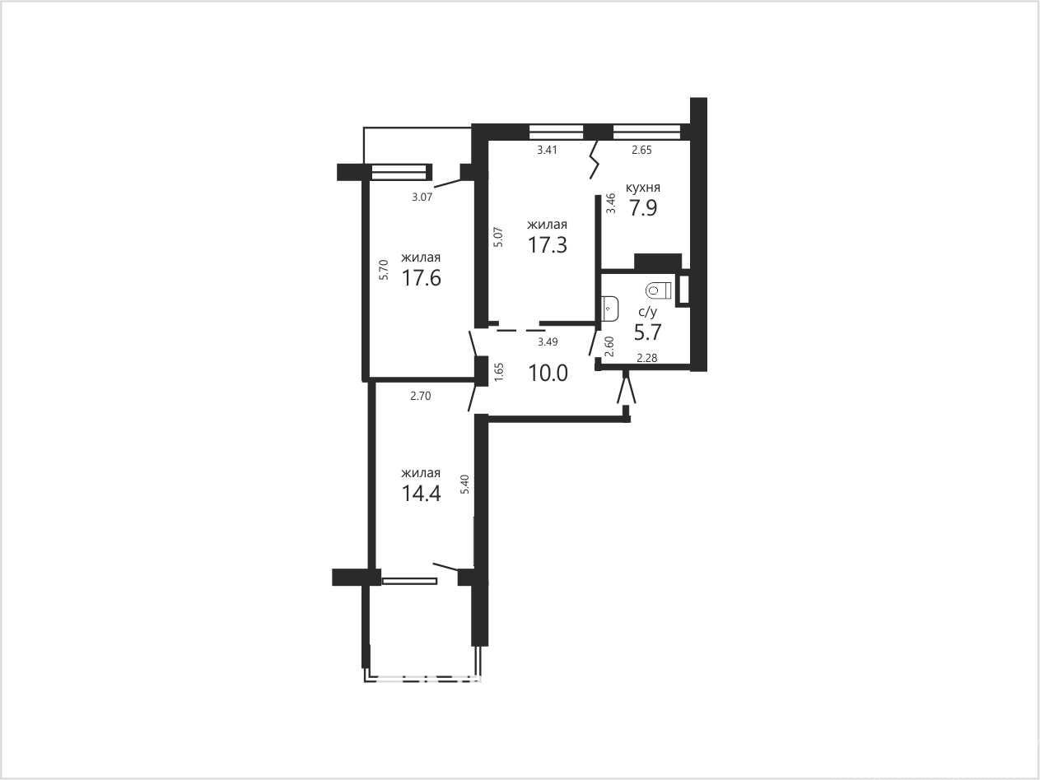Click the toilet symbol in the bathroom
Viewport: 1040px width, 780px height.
click(x=659, y=290)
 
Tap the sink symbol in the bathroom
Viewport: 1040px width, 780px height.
click(x=610, y=309)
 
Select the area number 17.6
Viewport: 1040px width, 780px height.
click(x=422, y=278)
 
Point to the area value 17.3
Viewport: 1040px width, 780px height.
click(x=548, y=245)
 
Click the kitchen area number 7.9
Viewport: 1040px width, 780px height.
click(x=643, y=208)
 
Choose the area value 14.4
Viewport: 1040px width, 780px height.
click(x=422, y=494)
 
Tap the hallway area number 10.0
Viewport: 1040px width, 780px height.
click(x=548, y=374)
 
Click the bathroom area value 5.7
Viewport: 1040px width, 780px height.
click(x=648, y=332)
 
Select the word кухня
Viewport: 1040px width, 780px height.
click(x=643, y=188)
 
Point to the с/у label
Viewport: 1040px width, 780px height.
click(x=648, y=313)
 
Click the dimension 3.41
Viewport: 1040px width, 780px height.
click(x=548, y=150)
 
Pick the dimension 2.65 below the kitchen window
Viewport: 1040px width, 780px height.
click(x=641, y=150)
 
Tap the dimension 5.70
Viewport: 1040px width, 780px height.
click(x=385, y=269)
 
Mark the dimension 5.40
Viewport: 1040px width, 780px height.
click(x=466, y=485)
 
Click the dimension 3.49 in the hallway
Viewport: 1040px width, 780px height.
click(x=548, y=341)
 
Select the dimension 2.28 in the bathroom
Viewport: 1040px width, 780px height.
click(x=646, y=358)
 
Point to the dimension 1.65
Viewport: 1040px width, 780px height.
click(x=499, y=372)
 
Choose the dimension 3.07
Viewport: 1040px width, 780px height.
click(x=422, y=197)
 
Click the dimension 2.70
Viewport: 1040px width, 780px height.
click(x=420, y=396)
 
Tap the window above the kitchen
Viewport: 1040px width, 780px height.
click(x=646, y=132)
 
